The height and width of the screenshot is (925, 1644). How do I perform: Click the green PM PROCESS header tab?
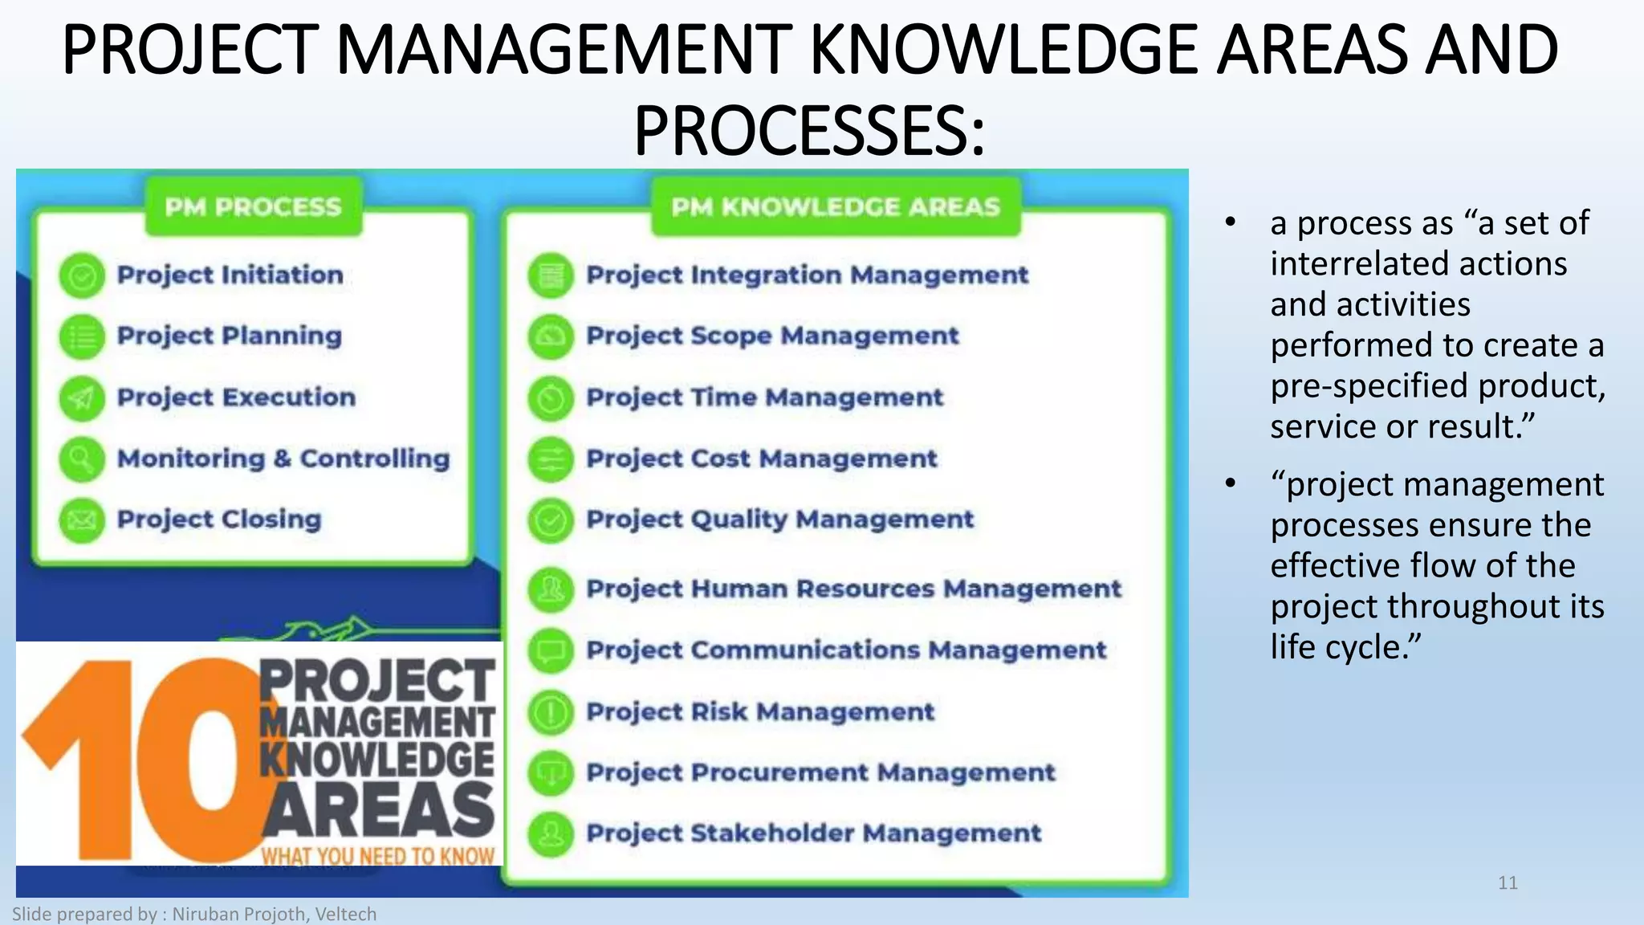coord(253,207)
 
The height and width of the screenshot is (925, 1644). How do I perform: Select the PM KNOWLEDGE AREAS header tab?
coord(836,207)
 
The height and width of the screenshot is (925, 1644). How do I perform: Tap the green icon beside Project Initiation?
coord(82,276)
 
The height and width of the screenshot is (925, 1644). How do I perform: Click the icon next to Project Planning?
coord(82,337)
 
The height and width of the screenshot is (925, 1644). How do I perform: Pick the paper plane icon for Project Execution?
coord(82,398)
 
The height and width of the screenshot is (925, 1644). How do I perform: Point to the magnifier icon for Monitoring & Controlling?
coord(82,459)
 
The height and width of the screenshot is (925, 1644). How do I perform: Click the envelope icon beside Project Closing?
coord(82,520)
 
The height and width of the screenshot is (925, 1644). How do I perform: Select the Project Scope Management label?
coord(772,336)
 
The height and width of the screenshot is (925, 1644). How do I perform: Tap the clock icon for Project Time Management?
coord(551,398)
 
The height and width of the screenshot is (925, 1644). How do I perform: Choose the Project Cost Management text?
coord(761,458)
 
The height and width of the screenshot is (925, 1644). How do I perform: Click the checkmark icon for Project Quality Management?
coord(551,520)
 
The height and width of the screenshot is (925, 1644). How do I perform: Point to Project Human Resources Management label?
coord(853,589)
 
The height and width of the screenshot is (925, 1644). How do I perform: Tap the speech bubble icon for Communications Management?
coord(551,650)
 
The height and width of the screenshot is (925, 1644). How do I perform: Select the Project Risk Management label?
coord(760,711)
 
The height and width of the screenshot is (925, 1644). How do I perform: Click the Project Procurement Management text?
coord(820,772)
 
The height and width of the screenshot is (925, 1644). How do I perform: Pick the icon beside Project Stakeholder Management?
coord(551,833)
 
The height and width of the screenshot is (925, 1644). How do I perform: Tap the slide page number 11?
coord(1508,883)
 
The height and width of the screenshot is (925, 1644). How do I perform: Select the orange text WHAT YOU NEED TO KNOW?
coord(377,857)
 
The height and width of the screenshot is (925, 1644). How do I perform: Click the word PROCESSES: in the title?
coord(809,131)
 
